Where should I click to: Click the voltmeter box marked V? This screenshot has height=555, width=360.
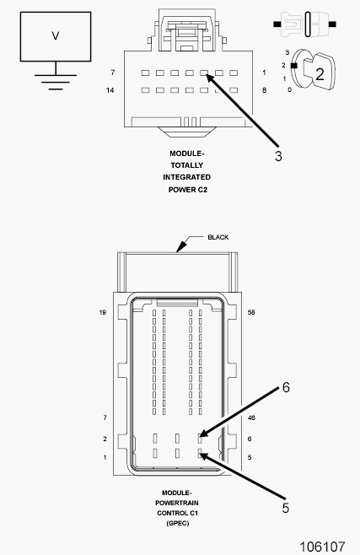pos(56,36)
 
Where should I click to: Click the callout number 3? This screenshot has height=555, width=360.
pos(278,156)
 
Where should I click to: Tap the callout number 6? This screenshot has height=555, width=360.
pos(286,388)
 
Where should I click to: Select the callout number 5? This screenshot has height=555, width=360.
pos(285,508)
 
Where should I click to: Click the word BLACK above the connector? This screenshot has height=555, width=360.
pos(218,237)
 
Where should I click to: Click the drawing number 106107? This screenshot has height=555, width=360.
pos(322,547)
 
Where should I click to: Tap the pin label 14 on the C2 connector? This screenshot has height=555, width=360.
pos(110,90)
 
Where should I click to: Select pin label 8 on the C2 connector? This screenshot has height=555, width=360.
pos(264,90)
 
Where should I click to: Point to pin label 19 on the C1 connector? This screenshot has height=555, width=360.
pos(103,312)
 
